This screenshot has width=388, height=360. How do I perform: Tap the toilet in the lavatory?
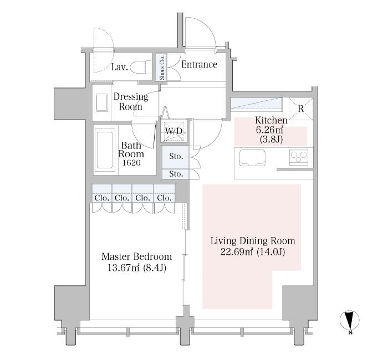click(145, 66)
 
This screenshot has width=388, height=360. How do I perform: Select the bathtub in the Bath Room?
click(104, 149)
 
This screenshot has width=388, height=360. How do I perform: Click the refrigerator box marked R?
click(300, 107)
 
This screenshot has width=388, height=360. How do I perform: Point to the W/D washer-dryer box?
click(174, 131)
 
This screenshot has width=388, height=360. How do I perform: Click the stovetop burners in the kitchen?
click(298, 158)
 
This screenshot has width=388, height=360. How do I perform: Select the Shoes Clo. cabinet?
click(162, 67)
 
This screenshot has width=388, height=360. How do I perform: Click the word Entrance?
click(199, 65)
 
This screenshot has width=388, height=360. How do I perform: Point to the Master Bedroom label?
click(136, 257)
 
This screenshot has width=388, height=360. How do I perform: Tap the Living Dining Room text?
click(252, 241)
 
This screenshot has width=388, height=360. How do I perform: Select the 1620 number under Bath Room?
click(131, 164)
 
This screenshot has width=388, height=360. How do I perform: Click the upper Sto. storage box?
click(176, 157)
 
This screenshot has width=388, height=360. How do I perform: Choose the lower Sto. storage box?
click(176, 174)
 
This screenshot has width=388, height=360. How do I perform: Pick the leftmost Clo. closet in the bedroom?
click(101, 198)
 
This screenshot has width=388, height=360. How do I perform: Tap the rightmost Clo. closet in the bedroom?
click(164, 198)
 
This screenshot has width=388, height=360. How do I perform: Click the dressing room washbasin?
click(102, 104)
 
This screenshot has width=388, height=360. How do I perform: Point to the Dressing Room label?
click(131, 101)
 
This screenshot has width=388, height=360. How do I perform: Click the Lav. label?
click(120, 68)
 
